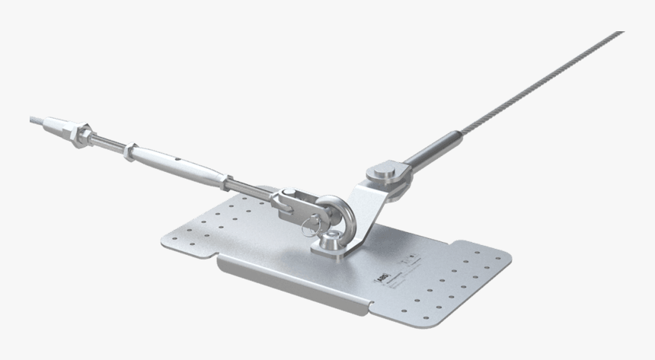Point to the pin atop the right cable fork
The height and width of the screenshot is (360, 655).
385,169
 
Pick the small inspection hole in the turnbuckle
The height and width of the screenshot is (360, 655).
176,161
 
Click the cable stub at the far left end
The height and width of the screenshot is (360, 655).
36,119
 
